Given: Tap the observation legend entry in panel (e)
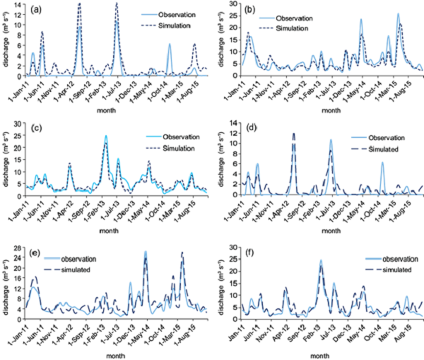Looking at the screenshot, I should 78,258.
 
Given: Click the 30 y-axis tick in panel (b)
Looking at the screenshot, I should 234,5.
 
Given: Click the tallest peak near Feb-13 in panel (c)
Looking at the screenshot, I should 106,136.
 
